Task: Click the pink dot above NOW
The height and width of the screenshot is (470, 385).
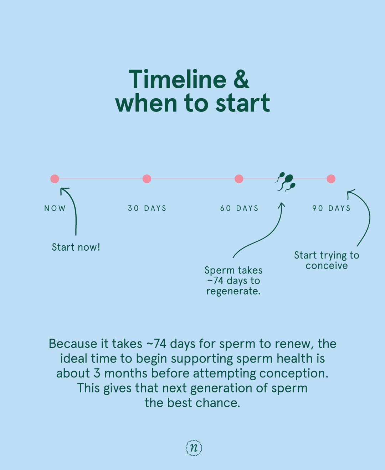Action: pos(55,179)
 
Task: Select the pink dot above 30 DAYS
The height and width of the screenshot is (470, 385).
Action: pos(147,179)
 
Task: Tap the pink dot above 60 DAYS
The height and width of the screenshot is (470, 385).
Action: pos(239,179)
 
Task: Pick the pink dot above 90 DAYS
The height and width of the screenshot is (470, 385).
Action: pos(331,179)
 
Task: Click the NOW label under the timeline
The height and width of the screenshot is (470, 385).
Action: pos(55,208)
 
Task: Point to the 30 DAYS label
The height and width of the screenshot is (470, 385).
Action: pos(147,208)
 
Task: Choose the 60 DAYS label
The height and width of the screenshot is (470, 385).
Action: pos(239,208)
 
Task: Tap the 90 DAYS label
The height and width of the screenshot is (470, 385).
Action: pos(331,208)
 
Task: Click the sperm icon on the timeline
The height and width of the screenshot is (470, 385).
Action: pos(286,182)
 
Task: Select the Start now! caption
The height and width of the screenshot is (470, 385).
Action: pos(76,247)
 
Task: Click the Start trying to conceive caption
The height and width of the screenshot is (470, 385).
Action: pos(327,260)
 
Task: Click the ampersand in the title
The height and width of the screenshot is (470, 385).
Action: pos(241,79)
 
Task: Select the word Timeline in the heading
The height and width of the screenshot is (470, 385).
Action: pos(177,79)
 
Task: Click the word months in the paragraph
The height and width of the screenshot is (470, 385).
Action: pos(125,373)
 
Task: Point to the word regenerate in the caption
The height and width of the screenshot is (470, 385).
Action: pos(233,291)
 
